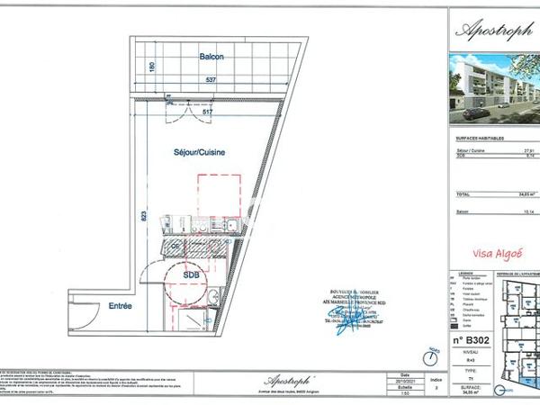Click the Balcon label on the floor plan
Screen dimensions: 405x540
[x=211, y=57]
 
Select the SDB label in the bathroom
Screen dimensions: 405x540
[x=192, y=274]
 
